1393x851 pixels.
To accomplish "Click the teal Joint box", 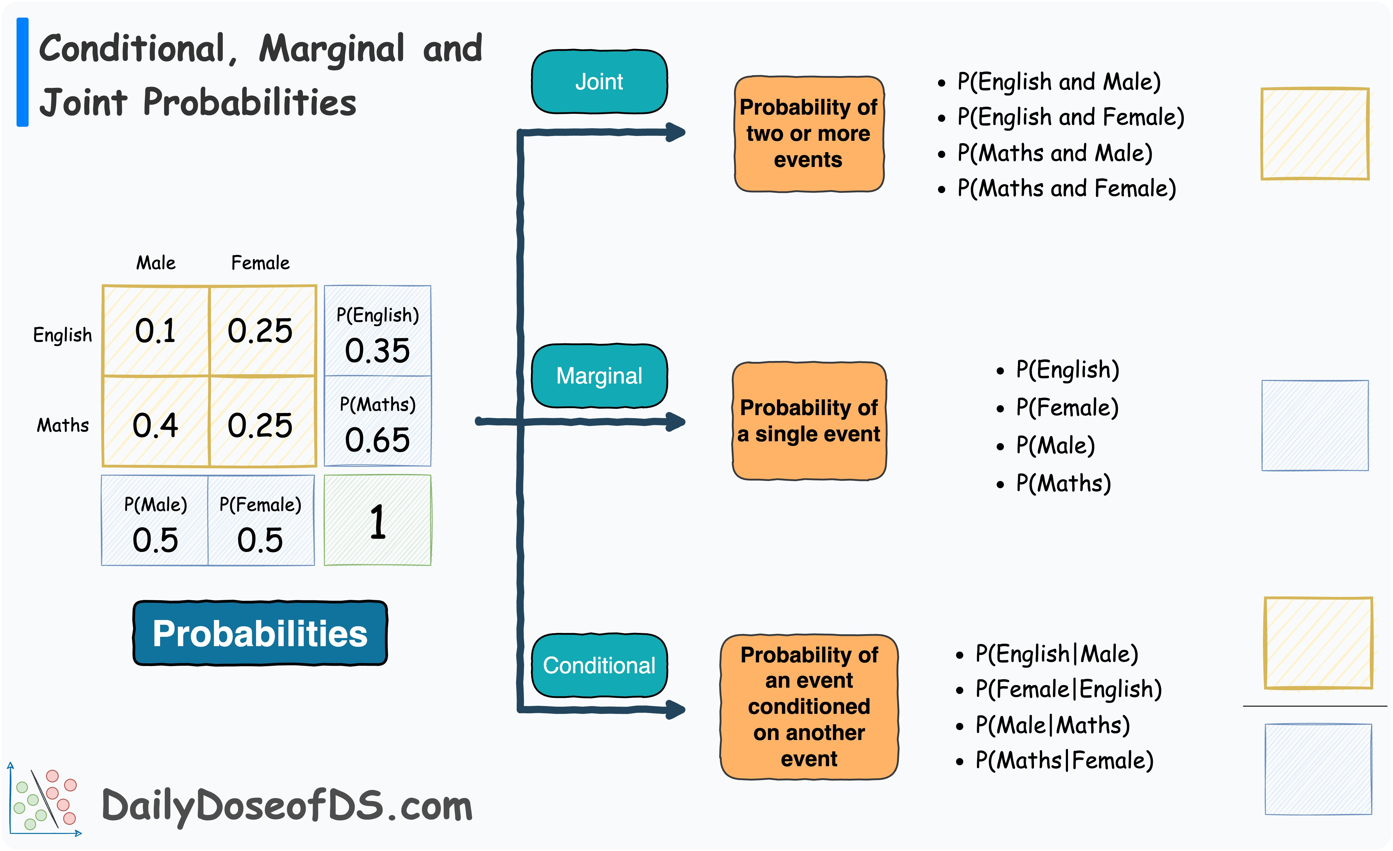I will click(x=599, y=82).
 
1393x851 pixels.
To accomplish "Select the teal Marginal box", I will click(x=599, y=376).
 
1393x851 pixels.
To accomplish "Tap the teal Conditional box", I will click(x=599, y=666).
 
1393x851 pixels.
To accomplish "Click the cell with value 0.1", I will click(x=156, y=331).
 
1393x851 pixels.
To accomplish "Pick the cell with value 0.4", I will click(x=156, y=424).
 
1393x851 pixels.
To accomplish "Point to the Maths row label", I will click(x=63, y=425).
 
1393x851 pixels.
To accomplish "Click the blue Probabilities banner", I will click(x=260, y=633).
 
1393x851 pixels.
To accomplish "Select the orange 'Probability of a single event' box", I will click(x=809, y=421).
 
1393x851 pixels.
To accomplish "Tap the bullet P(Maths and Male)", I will click(x=1054, y=153).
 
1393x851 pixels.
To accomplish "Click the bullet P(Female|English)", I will click(x=1069, y=689).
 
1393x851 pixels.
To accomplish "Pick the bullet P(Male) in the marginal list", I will click(x=1055, y=445).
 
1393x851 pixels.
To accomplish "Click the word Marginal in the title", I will click(x=332, y=49).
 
